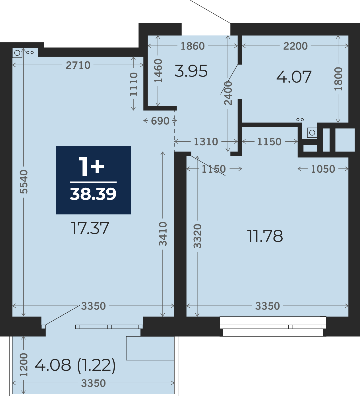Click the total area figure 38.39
coord(93,194)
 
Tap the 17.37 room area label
coord(90,228)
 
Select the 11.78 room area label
coord(265,236)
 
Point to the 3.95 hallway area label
coord(191,71)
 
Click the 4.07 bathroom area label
coord(294,77)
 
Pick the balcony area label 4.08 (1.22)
coord(75,365)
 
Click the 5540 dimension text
coord(24,182)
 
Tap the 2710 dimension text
coord(78,65)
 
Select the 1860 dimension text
coord(193,46)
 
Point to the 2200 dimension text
coord(295,46)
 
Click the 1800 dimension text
coord(338,79)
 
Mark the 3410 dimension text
coord(163,234)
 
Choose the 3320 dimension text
coord(197,236)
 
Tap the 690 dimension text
coord(160,121)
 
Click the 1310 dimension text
coord(206,142)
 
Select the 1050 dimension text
coord(323,169)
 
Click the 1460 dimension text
coord(158,71)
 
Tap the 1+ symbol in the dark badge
coord(91,166)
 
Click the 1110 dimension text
coord(133,84)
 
